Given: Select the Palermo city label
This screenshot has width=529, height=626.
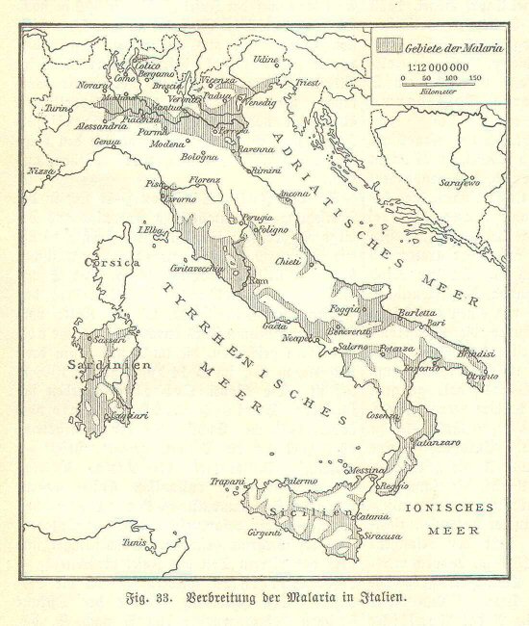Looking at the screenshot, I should coord(299,479).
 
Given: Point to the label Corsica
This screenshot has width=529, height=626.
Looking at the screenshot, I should coord(112,262).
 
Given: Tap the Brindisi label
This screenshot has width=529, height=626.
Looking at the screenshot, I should coord(475,354).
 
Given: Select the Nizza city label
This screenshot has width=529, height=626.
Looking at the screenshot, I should coord(41,170).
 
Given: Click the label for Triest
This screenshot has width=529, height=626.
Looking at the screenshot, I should coord(307,84).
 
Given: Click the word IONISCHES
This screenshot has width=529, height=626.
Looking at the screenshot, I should coord(449,508).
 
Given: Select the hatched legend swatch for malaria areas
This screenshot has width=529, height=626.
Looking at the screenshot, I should coord(388,44).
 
